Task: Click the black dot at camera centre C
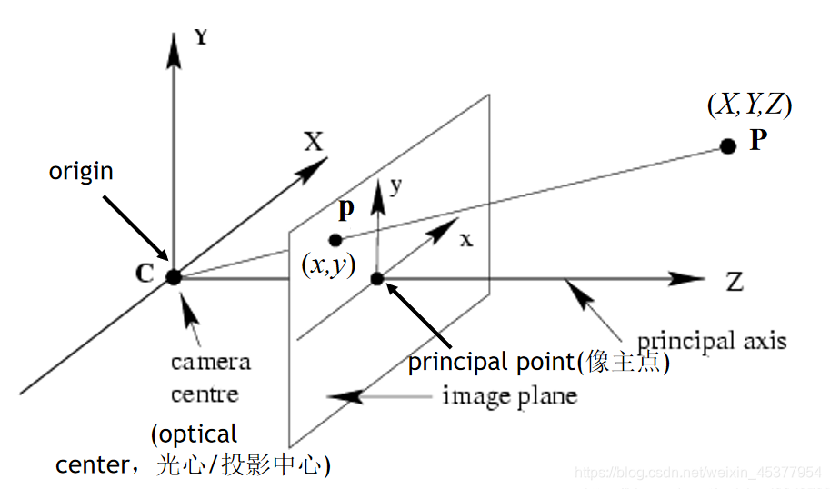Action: pos(174,277)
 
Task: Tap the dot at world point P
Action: pos(727,146)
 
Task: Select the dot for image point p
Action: pos(335,240)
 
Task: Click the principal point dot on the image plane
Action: pos(378,278)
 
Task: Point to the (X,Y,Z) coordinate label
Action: pos(749,105)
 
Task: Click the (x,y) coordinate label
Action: pos(328,267)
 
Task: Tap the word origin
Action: pos(81,171)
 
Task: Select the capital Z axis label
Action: pos(734,282)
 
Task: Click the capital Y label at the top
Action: pos(202,37)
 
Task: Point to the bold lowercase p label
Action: pos(345,211)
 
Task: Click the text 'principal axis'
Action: pos(712,341)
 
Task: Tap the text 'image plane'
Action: pos(510,395)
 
